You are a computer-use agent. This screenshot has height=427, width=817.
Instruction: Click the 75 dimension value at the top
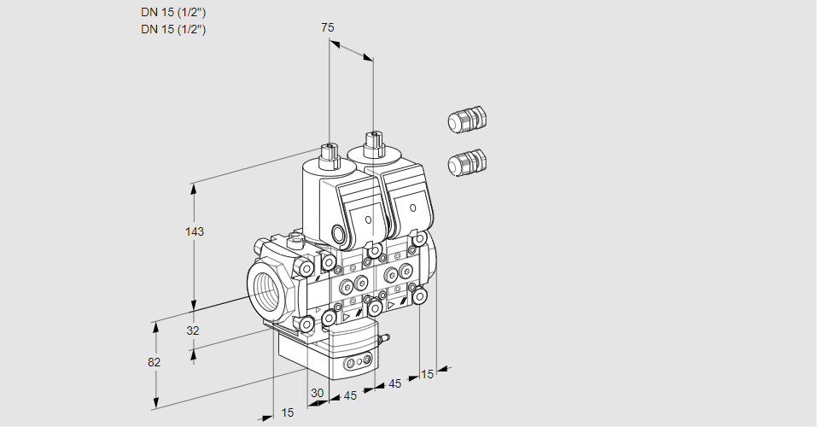(x=327, y=27)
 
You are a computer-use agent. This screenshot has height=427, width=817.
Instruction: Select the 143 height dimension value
(x=195, y=231)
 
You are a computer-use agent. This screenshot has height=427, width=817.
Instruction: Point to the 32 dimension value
(x=192, y=330)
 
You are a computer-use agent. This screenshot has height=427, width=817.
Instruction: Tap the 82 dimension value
(x=154, y=362)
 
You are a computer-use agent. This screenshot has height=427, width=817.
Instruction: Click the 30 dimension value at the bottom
(x=318, y=394)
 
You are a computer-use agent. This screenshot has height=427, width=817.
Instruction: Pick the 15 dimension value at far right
(x=428, y=374)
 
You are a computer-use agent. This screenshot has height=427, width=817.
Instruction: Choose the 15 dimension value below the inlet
(x=288, y=413)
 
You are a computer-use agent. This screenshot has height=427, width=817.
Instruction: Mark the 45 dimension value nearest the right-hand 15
(x=394, y=383)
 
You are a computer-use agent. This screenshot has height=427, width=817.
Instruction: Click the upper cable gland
(x=466, y=120)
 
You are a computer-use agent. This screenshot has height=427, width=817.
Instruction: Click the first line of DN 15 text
(x=174, y=11)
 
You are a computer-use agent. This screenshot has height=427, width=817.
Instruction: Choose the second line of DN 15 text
(x=174, y=29)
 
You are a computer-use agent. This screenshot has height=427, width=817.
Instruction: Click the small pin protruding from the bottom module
(x=385, y=339)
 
